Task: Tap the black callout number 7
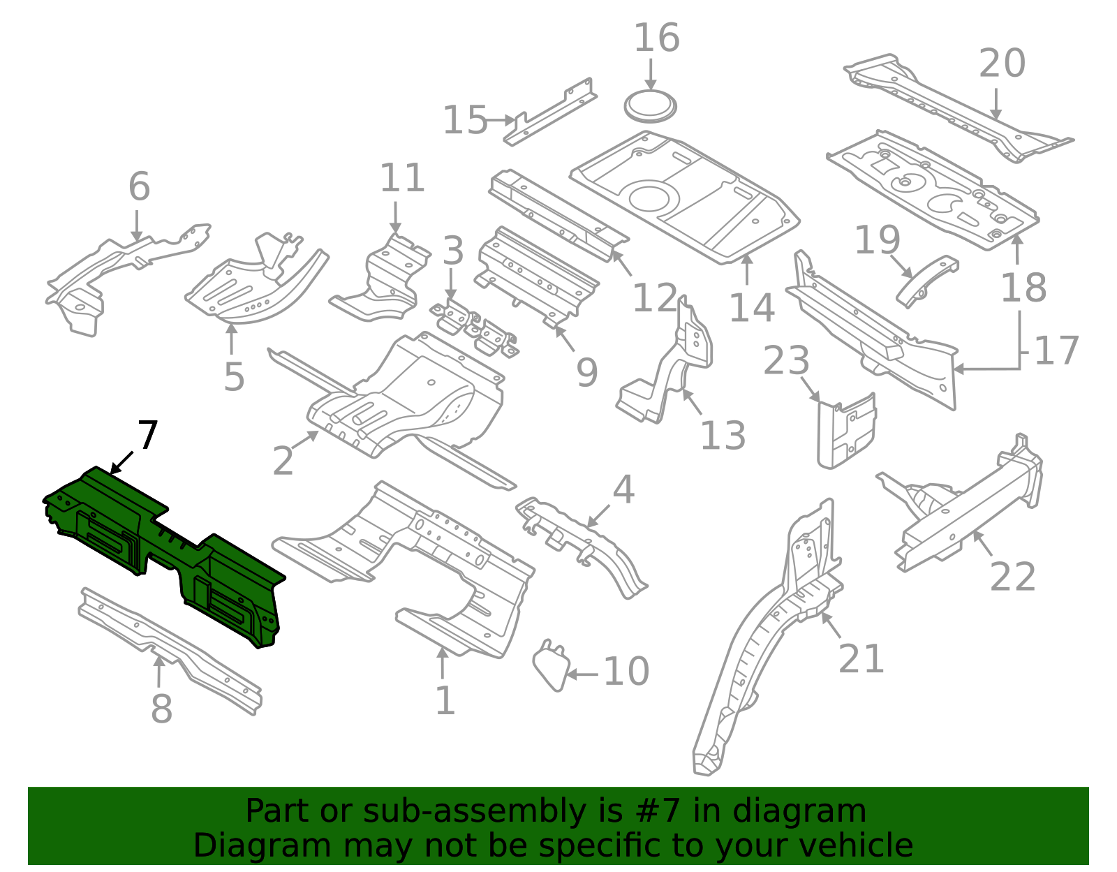click(147, 436)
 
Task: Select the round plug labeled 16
click(650, 105)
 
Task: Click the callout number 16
click(656, 38)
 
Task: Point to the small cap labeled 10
click(551, 667)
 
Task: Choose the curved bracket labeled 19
click(926, 281)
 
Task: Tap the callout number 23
click(786, 361)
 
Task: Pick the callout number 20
click(1001, 64)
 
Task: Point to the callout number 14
click(751, 308)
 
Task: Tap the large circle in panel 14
click(649, 198)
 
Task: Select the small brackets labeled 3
click(475, 328)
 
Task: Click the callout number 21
click(861, 658)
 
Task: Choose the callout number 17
click(1056, 350)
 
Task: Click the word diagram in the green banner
click(817, 811)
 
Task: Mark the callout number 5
click(234, 378)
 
